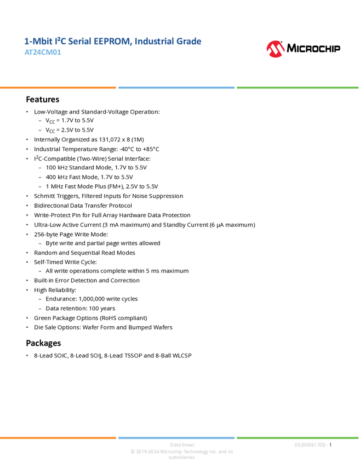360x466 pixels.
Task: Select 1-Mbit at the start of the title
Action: pos(33,42)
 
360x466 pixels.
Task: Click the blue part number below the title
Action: pos(43,53)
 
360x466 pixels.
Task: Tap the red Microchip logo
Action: pos(275,49)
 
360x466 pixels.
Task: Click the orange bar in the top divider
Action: pos(58,88)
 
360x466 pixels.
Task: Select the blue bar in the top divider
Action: pos(176,88)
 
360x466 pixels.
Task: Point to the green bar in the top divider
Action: pos(298,88)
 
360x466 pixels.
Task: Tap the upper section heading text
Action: pos(43,101)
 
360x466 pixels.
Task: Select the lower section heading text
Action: pos(44,345)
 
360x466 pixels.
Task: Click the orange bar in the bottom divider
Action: pos(58,437)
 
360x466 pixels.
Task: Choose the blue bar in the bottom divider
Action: pos(176,437)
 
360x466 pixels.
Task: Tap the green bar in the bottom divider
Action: pos(298,437)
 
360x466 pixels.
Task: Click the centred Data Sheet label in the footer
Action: pos(181,445)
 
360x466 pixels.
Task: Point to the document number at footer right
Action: pos(311,445)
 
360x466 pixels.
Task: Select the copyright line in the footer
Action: pos(181,452)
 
